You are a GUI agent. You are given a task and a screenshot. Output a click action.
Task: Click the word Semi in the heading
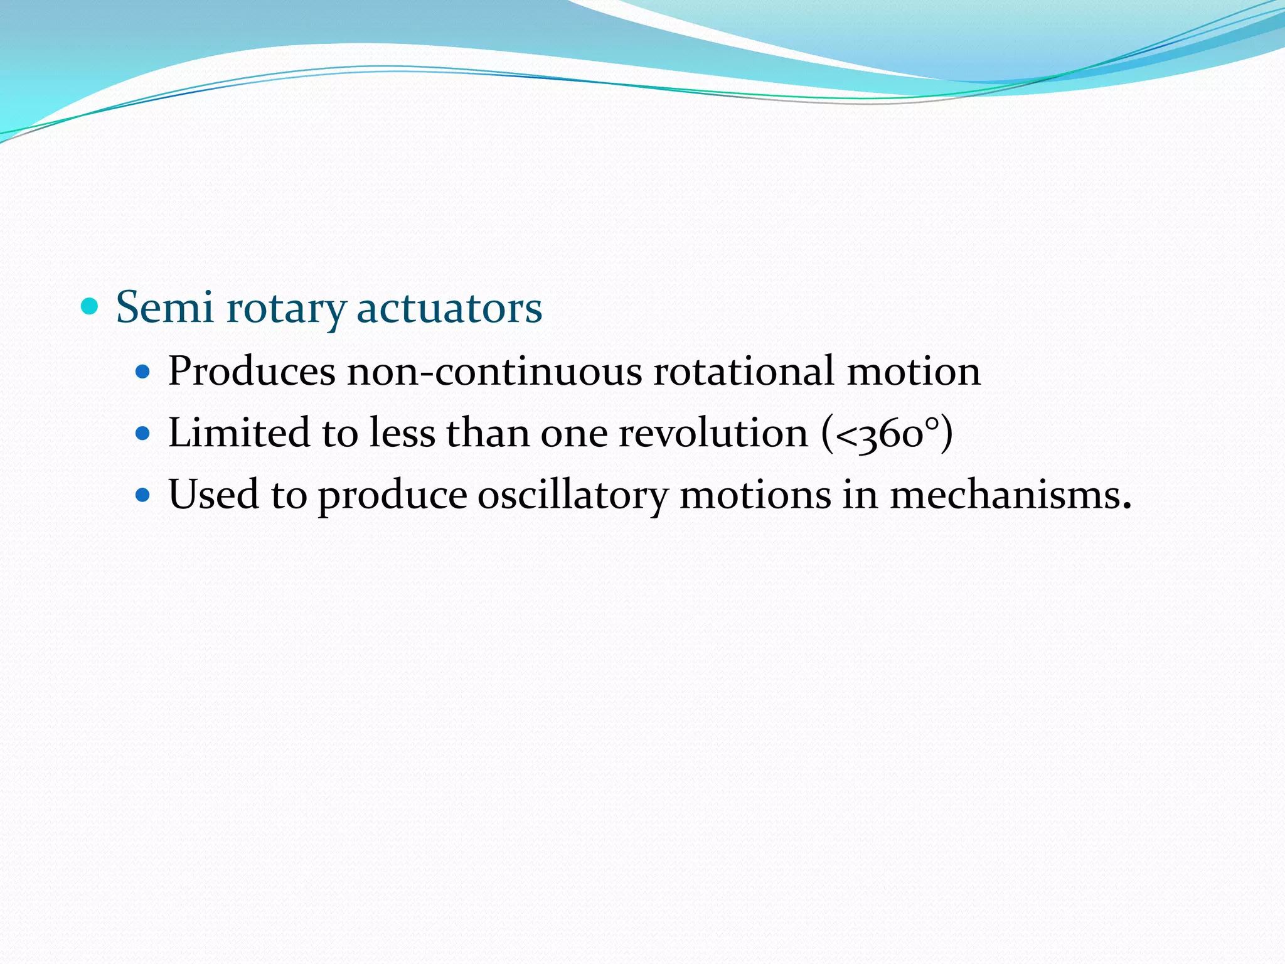pyautogui.click(x=164, y=308)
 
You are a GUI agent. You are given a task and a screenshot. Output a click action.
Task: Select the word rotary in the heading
pyautogui.click(x=286, y=309)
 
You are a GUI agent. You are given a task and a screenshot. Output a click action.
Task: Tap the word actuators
pyautogui.click(x=449, y=308)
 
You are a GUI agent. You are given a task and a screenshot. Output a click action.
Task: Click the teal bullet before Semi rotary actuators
pyautogui.click(x=90, y=306)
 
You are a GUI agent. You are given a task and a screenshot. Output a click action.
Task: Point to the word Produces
pyautogui.click(x=252, y=371)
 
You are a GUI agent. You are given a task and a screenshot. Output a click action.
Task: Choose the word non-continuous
pyautogui.click(x=494, y=371)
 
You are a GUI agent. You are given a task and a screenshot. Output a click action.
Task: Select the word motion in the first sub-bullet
pyautogui.click(x=914, y=371)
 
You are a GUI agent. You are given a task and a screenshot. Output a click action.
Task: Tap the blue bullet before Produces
pyautogui.click(x=144, y=372)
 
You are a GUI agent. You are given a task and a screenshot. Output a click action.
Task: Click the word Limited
pyautogui.click(x=240, y=432)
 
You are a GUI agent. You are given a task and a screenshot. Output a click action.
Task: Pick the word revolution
pyautogui.click(x=713, y=432)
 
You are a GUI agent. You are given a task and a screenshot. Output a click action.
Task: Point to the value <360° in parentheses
pyautogui.click(x=887, y=434)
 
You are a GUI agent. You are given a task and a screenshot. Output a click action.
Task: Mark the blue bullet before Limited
pyautogui.click(x=144, y=433)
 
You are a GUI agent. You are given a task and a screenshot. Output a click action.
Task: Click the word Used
pyautogui.click(x=214, y=495)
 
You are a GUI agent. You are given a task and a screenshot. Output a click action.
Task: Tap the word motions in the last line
pyautogui.click(x=755, y=495)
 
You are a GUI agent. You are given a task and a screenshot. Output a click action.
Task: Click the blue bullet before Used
pyautogui.click(x=144, y=495)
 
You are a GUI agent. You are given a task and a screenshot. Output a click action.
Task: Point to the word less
pyautogui.click(x=402, y=432)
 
